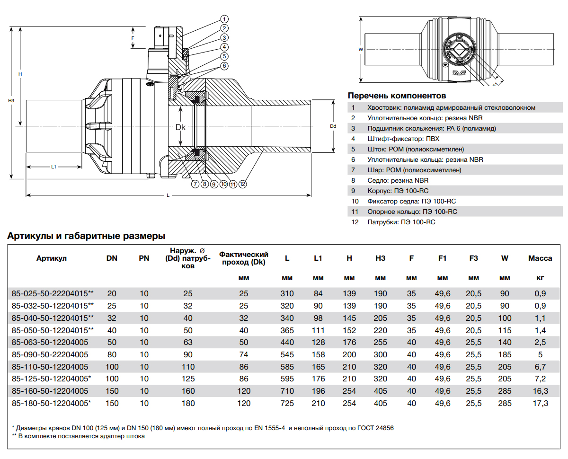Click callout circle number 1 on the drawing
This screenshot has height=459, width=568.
click(224, 19)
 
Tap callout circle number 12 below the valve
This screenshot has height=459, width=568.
click(242, 184)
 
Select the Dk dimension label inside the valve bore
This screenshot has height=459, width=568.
click(180, 127)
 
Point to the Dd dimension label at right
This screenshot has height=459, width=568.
click(333, 126)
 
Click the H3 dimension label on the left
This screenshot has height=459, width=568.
click(11, 101)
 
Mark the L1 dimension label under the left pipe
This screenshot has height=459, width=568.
click(54, 167)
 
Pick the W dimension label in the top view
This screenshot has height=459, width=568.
click(361, 49)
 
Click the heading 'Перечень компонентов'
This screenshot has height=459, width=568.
click(397, 96)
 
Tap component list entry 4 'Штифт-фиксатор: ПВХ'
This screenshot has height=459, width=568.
click(403, 139)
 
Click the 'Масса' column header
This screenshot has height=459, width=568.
click(540, 258)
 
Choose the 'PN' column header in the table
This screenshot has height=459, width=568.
click(144, 258)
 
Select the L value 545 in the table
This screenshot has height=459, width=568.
click(287, 354)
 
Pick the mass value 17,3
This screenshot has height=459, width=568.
click(540, 404)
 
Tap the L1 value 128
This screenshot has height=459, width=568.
click(318, 342)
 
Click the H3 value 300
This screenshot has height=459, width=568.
click(380, 354)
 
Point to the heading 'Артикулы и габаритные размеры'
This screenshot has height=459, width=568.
click(86, 236)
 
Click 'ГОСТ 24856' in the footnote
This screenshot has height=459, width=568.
click(375, 428)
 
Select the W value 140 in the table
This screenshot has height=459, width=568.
click(505, 342)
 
